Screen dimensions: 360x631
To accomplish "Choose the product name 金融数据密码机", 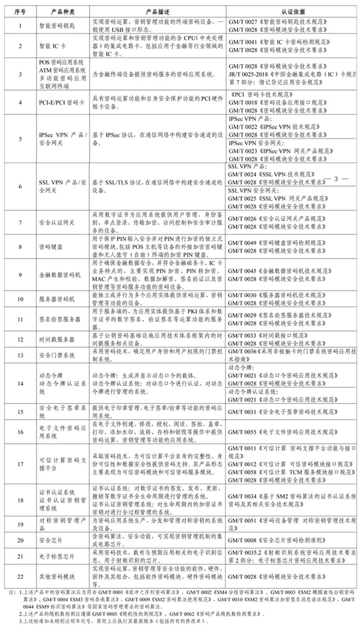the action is (61, 273).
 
